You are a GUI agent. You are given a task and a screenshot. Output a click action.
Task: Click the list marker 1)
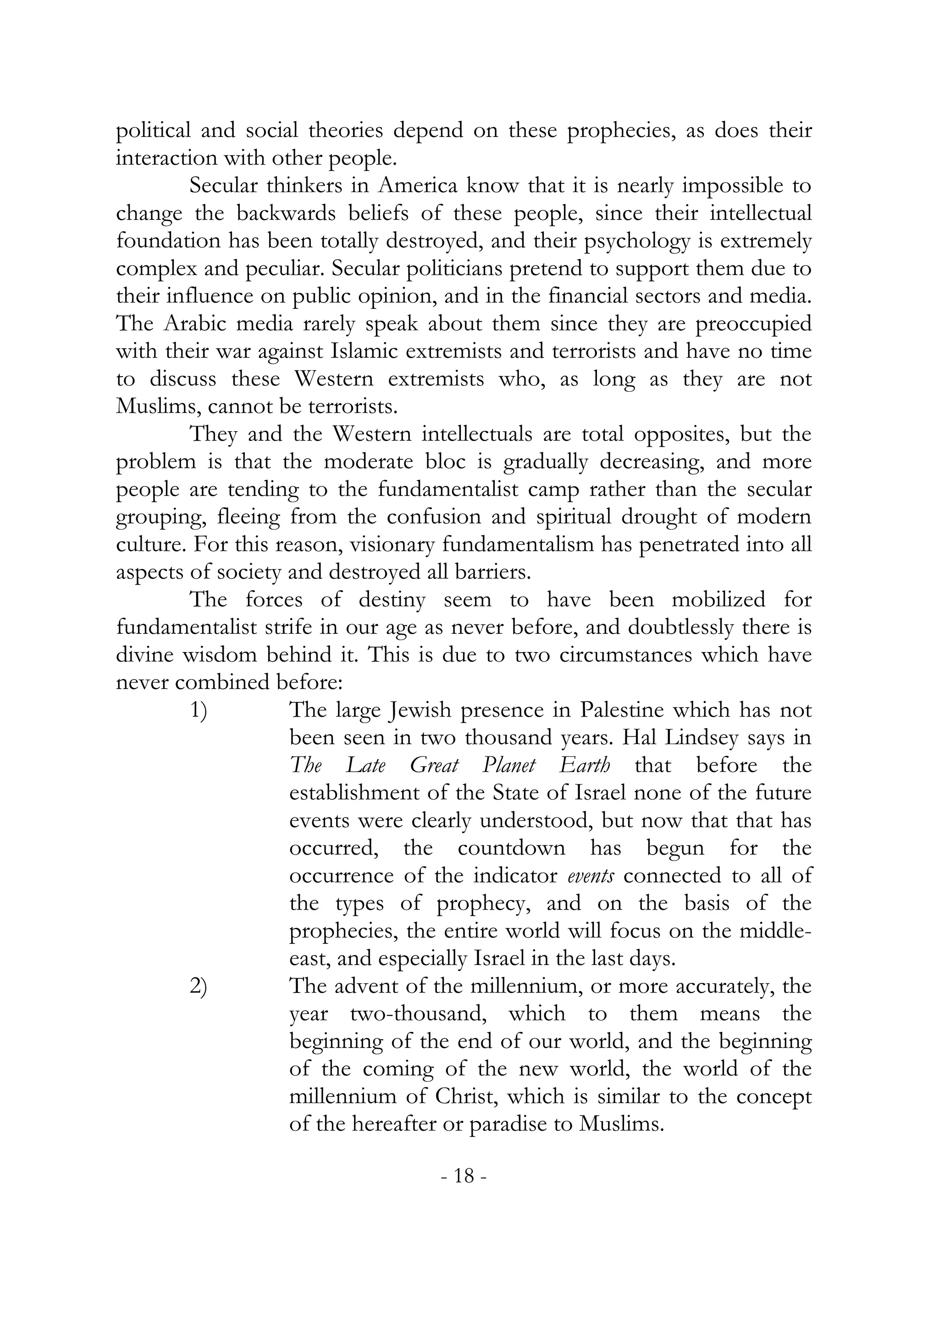tap(199, 710)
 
